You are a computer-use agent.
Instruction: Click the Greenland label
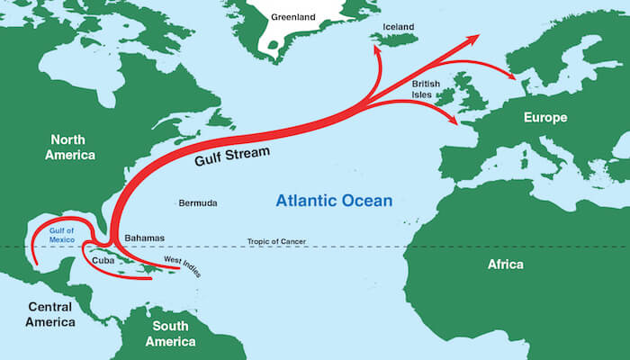[x=293, y=15]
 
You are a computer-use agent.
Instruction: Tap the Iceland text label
[x=399, y=27]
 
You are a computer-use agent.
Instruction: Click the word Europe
[x=545, y=118]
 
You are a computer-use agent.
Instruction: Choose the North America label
[x=73, y=148]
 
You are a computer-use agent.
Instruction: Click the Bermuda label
[x=198, y=203]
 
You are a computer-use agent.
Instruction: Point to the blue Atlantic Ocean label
[x=333, y=201]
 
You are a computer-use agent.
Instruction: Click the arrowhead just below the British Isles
[x=454, y=121]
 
